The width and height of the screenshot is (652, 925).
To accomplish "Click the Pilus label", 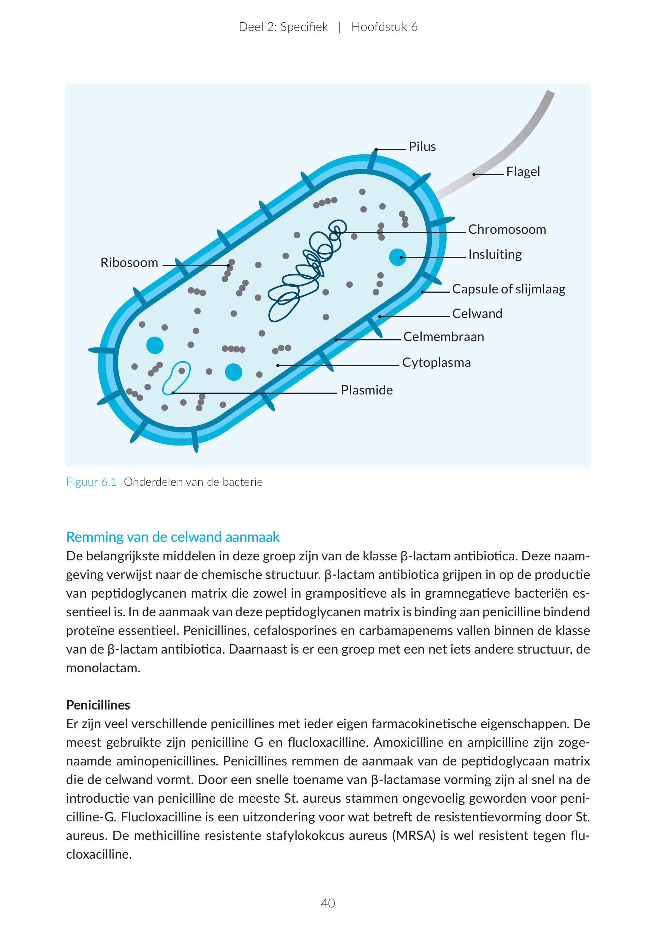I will pyautogui.click(x=422, y=147).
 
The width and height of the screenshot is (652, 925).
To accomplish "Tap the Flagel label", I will pyautogui.click(x=523, y=172).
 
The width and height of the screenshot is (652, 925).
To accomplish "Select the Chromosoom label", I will pyautogui.click(x=507, y=230).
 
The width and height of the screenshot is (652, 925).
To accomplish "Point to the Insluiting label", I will pyautogui.click(x=495, y=255).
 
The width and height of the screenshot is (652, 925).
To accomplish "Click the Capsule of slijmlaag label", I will pyautogui.click(x=508, y=289).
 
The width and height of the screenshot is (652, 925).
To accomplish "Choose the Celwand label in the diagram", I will pyautogui.click(x=477, y=314).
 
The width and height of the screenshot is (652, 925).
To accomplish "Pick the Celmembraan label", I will pyautogui.click(x=443, y=337).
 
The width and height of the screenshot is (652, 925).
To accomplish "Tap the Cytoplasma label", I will pyautogui.click(x=436, y=363).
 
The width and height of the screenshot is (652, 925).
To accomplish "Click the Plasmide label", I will pyautogui.click(x=366, y=390).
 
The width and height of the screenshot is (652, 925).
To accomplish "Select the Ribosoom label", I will pyautogui.click(x=129, y=263).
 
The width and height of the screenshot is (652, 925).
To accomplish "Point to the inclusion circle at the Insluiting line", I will pyautogui.click(x=397, y=257).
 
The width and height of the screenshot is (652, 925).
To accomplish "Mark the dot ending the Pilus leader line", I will pyautogui.click(x=376, y=150).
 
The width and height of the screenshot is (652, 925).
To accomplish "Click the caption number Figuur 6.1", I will pyautogui.click(x=91, y=482).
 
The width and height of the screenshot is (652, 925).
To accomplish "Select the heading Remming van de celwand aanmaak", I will pyautogui.click(x=173, y=537).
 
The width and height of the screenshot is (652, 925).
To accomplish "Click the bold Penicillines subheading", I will pyautogui.click(x=98, y=705).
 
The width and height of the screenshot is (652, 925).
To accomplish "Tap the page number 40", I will pyautogui.click(x=328, y=903).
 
